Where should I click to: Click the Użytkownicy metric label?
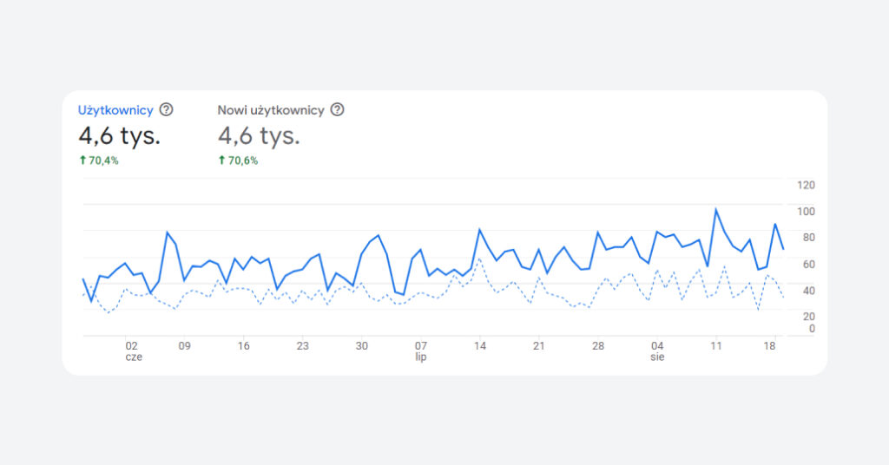tap(115, 110)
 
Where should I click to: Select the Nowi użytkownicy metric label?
tap(271, 110)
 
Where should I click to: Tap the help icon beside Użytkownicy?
tap(166, 110)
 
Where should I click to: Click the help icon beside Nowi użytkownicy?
tap(338, 110)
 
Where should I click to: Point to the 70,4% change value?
tap(103, 160)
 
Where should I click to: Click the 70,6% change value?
tap(243, 160)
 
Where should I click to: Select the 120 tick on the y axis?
tap(806, 185)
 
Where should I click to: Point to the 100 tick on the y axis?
tap(806, 212)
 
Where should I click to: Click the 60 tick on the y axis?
tap(806, 265)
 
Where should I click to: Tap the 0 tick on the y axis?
tap(812, 329)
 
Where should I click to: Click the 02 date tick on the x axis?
tap(131, 345)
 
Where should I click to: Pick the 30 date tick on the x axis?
tap(361, 345)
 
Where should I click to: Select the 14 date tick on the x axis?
tap(480, 345)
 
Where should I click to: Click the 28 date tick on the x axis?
tap(598, 345)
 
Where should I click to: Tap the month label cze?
tap(133, 357)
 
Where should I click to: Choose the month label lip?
tap(420, 357)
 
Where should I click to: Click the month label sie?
tap(657, 357)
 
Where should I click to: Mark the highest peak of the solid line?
tap(716, 209)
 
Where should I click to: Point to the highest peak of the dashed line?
tap(480, 259)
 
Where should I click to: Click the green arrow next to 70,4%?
tap(82, 160)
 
